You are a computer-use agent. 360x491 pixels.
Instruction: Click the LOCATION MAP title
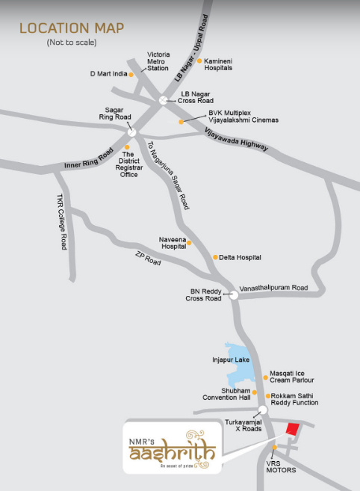click(x=72, y=28)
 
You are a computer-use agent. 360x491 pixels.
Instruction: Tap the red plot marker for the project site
click(x=292, y=429)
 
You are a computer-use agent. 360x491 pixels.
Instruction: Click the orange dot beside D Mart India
click(x=131, y=74)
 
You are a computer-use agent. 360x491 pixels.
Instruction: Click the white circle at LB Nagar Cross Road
click(x=164, y=99)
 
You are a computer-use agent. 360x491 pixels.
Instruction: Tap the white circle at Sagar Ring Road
click(x=131, y=132)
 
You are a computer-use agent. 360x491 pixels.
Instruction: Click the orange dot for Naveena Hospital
click(x=189, y=242)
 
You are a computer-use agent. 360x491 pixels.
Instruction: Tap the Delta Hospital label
click(x=240, y=257)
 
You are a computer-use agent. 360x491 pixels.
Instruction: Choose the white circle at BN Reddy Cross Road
click(x=234, y=295)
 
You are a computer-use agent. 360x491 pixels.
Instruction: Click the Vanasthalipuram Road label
click(x=273, y=288)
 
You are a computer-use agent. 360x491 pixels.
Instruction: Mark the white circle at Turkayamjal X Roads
click(x=261, y=410)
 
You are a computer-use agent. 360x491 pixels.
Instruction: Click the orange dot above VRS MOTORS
click(x=275, y=448)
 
